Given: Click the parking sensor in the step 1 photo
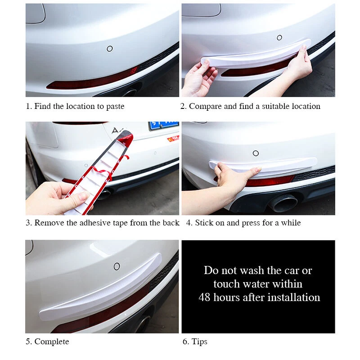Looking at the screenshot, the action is click(x=110, y=49).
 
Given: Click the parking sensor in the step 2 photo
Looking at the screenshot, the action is click(x=279, y=37).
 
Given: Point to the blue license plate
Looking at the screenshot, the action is click(x=164, y=126).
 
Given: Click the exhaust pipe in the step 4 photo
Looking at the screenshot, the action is click(x=284, y=203).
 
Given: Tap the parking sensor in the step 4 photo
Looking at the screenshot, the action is click(x=256, y=153).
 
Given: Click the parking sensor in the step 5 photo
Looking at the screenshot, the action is click(x=117, y=266).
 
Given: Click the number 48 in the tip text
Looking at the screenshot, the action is click(x=205, y=297).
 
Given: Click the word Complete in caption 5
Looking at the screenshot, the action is click(x=52, y=342).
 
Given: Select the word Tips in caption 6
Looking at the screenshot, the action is click(x=199, y=342).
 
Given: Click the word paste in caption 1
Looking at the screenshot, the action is click(x=115, y=106).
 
